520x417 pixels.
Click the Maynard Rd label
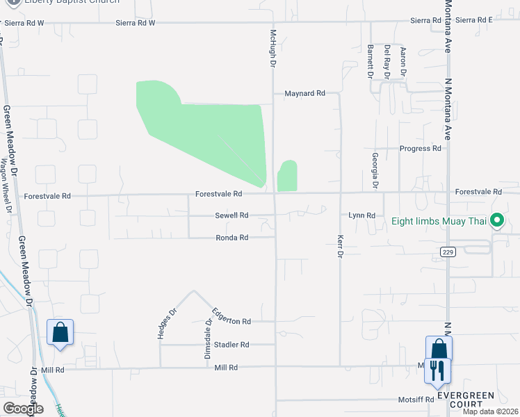304,93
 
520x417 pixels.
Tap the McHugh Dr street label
273,47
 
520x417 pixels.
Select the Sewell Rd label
231,215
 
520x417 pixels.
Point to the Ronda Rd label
231,238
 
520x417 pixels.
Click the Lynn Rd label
361,215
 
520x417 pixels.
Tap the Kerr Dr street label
340,245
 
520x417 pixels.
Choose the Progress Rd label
421,149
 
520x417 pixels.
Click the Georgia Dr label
374,171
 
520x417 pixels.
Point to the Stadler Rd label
231,345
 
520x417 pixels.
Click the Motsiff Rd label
416,400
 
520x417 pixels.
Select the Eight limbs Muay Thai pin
496,221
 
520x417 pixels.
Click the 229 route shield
448,252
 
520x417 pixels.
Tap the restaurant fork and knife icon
437,369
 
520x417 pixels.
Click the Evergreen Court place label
466,400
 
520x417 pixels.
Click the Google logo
23,409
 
